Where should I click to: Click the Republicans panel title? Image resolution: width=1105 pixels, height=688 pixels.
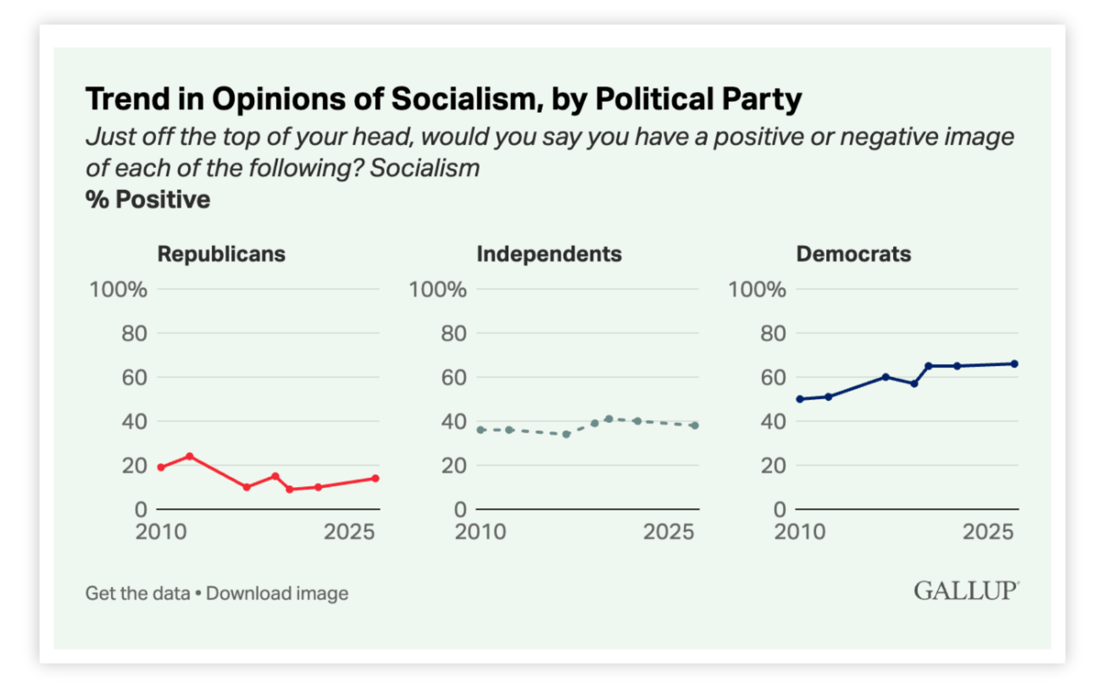tap(221, 254)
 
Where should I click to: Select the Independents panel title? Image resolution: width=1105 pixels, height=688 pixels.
tap(549, 254)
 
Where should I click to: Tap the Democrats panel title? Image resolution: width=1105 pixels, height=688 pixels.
tap(853, 254)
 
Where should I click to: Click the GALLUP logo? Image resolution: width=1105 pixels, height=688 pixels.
tap(966, 591)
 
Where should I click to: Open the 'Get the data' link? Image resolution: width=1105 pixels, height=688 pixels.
tap(138, 593)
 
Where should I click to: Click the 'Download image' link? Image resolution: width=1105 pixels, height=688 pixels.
tap(277, 593)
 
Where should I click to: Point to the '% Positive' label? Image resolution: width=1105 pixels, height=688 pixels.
tap(148, 200)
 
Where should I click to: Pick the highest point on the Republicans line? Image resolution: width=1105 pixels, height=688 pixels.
tap(189, 456)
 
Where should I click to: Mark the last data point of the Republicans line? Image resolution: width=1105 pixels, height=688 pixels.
tap(375, 479)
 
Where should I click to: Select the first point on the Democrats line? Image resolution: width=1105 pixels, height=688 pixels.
tap(800, 399)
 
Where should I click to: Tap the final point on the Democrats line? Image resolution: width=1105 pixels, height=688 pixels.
tap(1014, 364)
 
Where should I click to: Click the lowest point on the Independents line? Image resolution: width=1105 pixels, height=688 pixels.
tap(566, 434)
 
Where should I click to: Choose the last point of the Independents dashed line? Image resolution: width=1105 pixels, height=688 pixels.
tap(695, 425)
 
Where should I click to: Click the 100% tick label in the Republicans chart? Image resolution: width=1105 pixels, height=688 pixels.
tap(118, 290)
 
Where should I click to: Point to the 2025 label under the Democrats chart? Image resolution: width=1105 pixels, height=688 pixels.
tap(988, 532)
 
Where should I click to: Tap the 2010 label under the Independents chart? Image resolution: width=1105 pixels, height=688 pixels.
tap(480, 532)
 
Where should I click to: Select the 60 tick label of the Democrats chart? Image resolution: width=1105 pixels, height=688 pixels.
tap(773, 378)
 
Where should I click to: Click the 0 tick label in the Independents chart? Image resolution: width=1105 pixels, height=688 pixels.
tap(460, 510)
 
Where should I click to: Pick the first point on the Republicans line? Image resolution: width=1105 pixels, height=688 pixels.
tap(161, 467)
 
